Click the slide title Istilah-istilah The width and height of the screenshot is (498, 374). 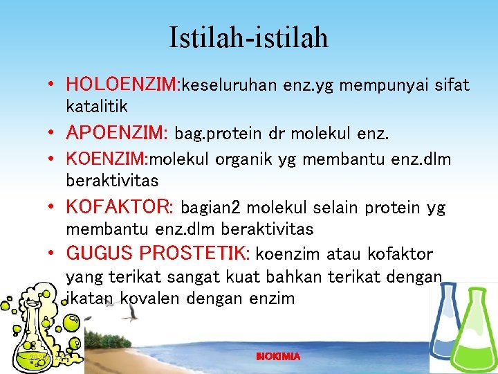click(x=249, y=37)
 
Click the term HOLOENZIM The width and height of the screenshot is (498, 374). click(x=122, y=85)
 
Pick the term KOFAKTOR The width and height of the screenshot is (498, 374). click(x=118, y=207)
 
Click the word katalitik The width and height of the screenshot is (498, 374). click(x=97, y=107)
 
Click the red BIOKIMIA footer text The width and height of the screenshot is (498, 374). click(x=278, y=356)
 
